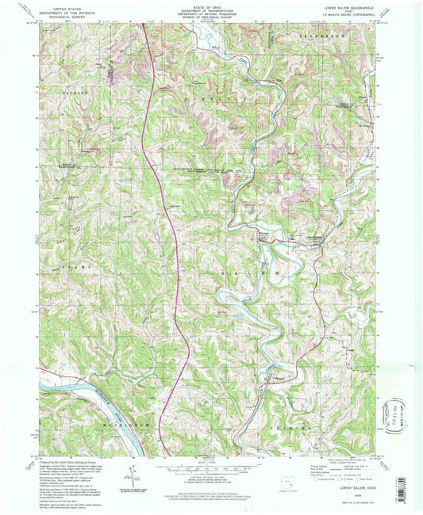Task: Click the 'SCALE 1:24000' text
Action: click(x=210, y=462)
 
